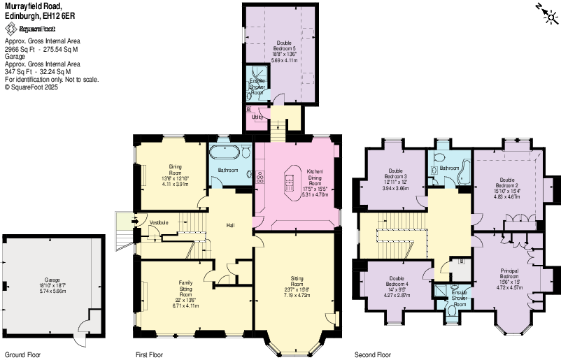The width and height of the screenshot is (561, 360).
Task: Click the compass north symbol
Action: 546,13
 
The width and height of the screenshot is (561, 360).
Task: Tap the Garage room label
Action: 52,280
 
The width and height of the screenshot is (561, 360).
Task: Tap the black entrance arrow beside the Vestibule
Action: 122,223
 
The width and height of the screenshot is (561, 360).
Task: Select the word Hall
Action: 230,225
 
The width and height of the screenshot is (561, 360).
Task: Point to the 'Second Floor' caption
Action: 373,354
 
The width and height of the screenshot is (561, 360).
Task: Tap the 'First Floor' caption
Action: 150,354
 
